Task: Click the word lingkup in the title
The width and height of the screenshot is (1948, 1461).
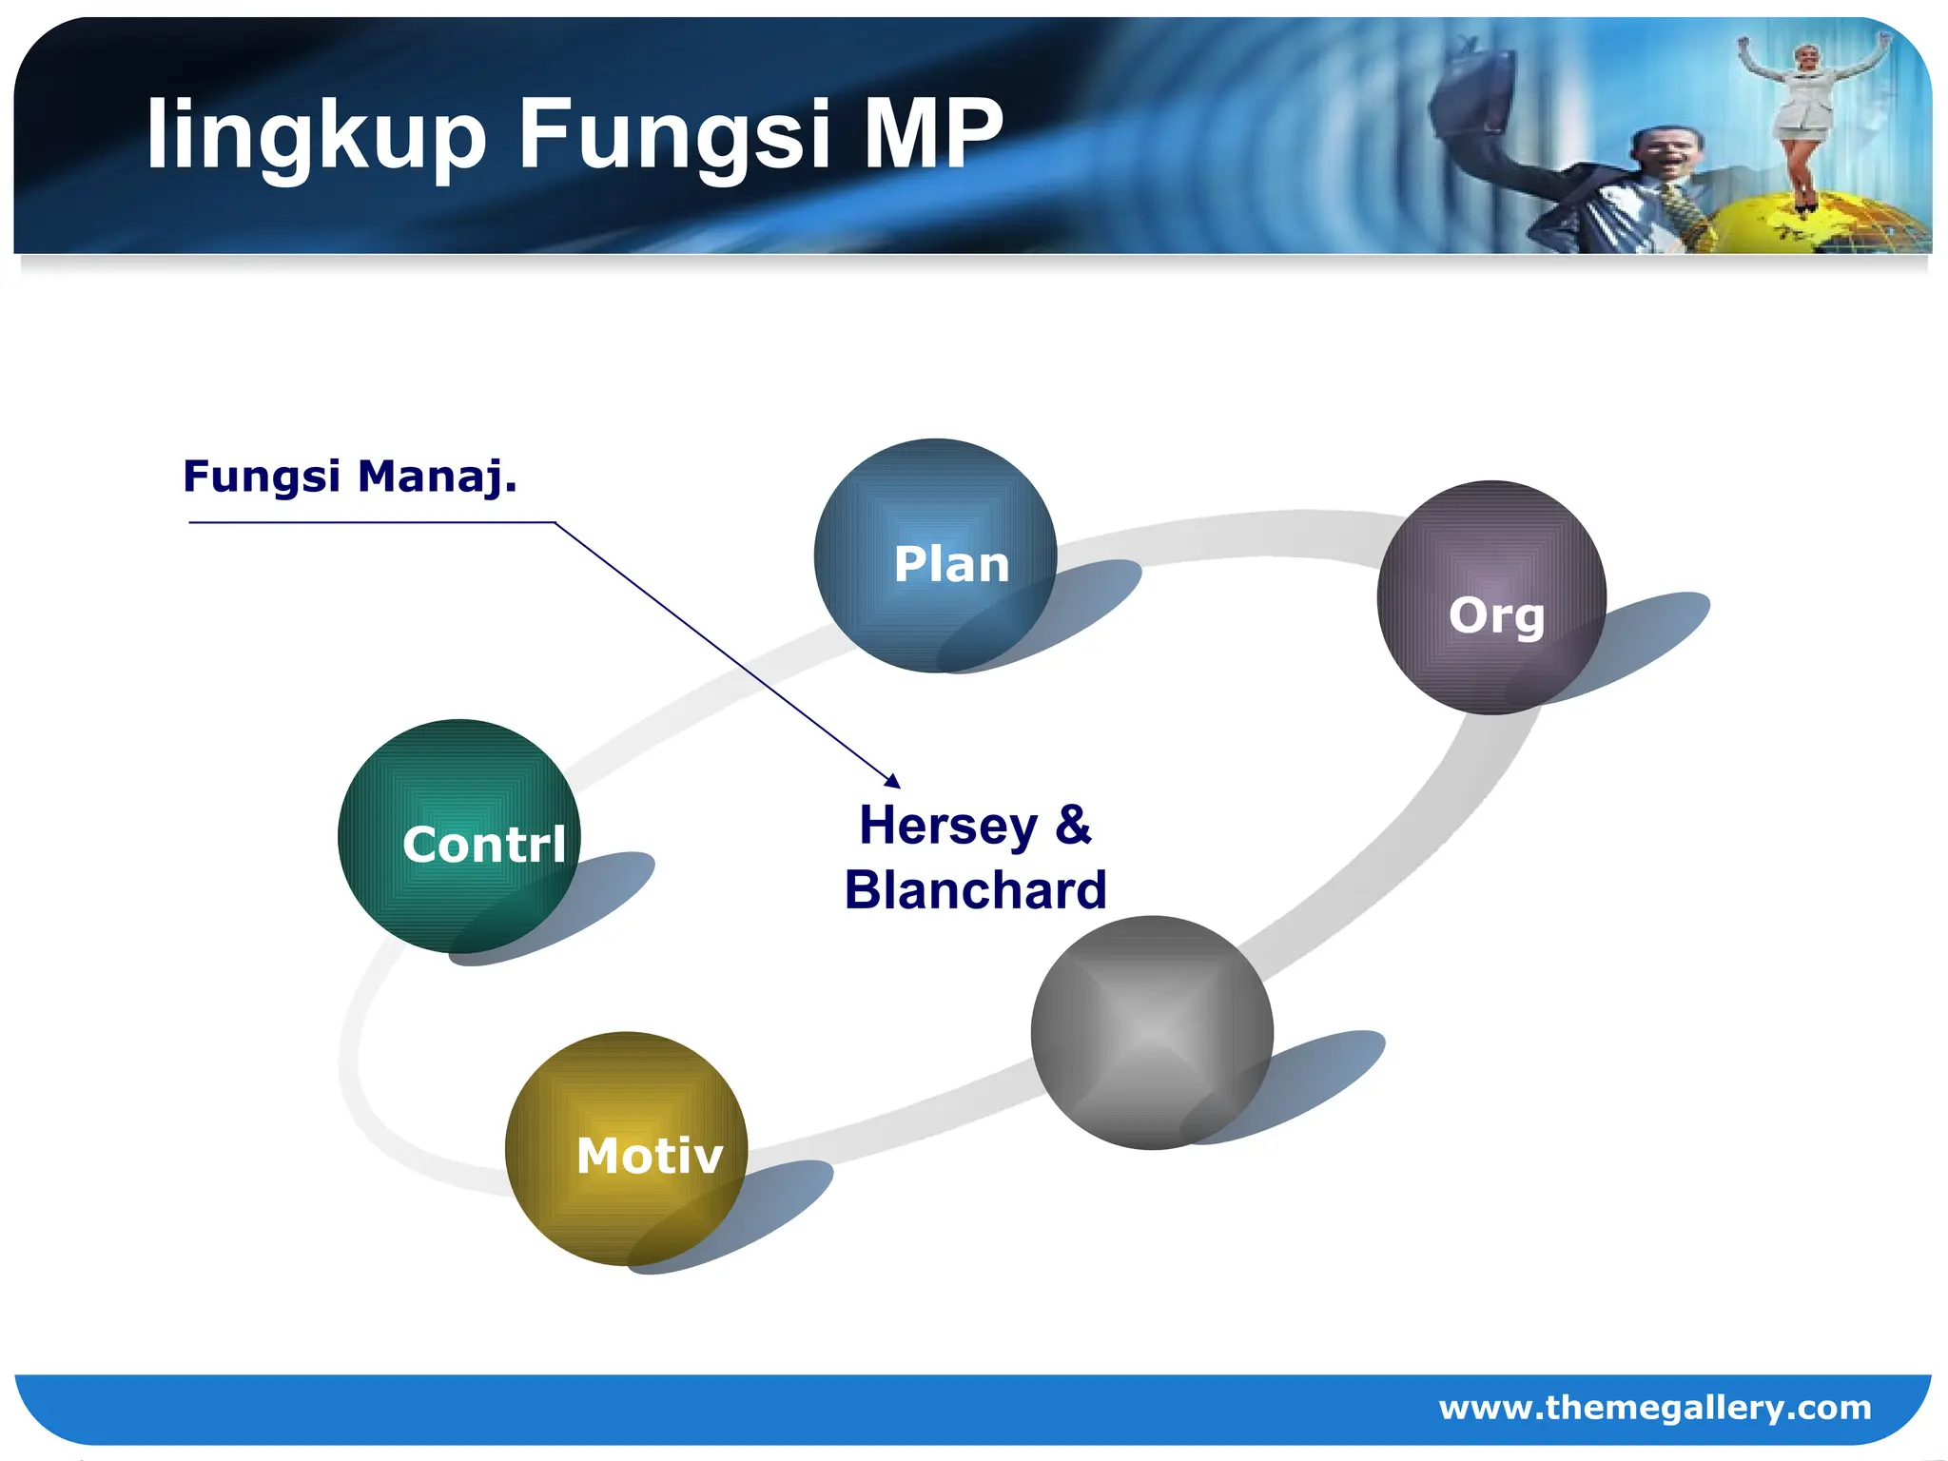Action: (x=315, y=135)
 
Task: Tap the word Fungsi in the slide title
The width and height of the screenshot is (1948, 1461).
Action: (x=676, y=135)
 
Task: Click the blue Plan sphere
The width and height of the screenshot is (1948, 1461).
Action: (x=935, y=556)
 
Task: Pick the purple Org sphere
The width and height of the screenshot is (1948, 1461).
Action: (x=1491, y=597)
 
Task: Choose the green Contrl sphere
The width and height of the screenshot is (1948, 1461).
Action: (x=459, y=837)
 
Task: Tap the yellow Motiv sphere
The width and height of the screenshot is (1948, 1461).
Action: (x=626, y=1149)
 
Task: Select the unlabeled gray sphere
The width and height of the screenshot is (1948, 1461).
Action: (x=1152, y=1033)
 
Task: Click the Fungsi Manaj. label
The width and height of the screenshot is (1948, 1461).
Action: (x=350, y=476)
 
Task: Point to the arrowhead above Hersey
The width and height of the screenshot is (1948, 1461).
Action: (x=892, y=781)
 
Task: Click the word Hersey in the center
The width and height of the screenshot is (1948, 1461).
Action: (x=948, y=826)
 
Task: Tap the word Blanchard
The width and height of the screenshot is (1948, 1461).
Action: (x=975, y=890)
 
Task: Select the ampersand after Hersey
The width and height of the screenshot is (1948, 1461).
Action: (x=1073, y=824)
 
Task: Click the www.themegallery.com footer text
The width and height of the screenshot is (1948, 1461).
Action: (x=1654, y=1407)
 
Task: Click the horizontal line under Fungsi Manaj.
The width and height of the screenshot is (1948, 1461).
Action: (x=371, y=522)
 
